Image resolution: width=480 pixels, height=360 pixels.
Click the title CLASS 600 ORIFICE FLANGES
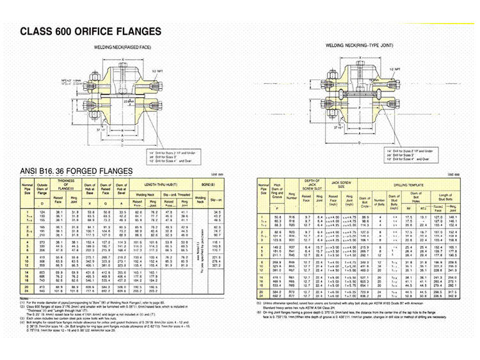point(91,31)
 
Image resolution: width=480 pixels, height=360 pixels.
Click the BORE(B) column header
point(211,185)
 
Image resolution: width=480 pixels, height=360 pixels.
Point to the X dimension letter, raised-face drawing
point(115,58)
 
